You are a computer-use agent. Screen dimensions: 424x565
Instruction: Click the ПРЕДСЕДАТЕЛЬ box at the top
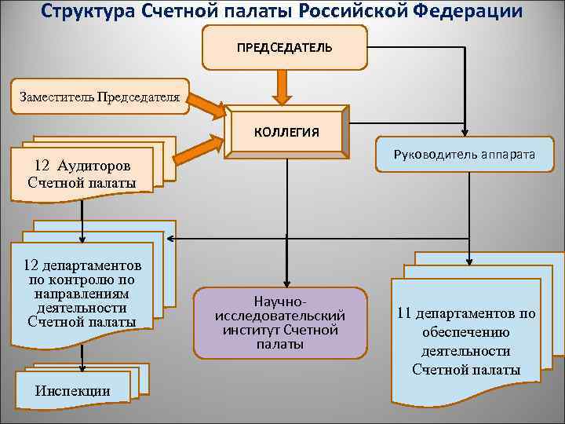tap(284, 47)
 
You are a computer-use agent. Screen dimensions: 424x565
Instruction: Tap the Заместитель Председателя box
tap(99, 97)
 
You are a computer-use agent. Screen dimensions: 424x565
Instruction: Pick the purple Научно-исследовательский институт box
tap(280, 322)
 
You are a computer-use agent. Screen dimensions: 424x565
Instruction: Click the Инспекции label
tap(73, 391)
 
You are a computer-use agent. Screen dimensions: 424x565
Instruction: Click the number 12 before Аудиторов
tap(42, 166)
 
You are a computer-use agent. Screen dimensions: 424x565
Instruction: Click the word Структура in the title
tap(89, 11)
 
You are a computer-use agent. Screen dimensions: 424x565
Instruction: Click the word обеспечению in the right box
tap(466, 332)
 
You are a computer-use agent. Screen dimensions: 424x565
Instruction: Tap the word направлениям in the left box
tap(82, 293)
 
